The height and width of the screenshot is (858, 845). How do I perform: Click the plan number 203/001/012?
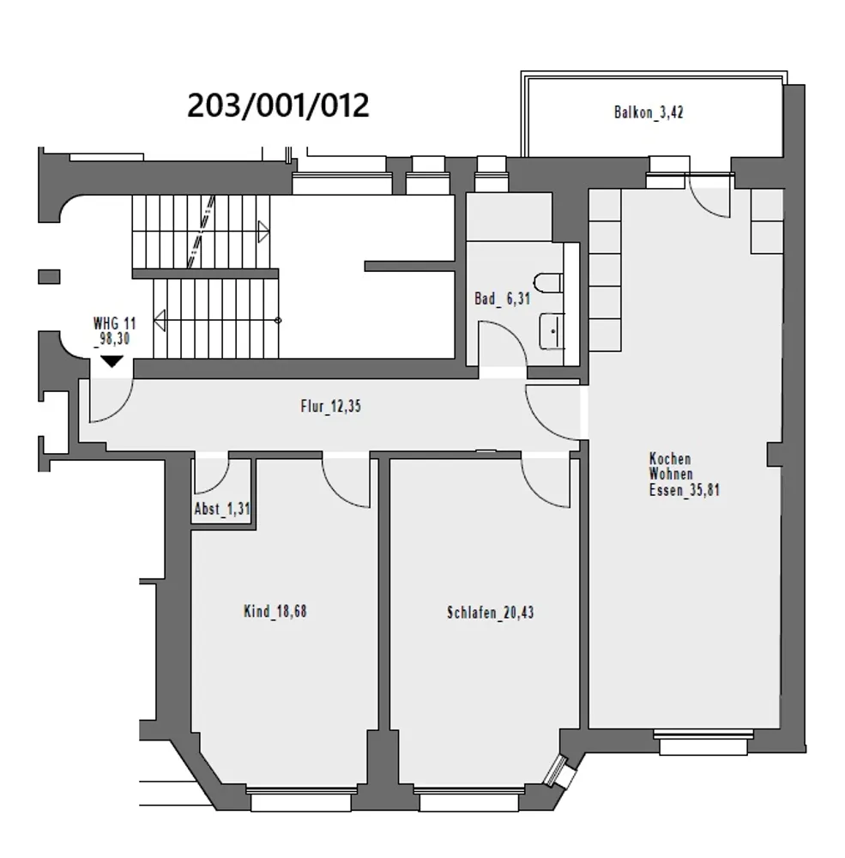pos(278,106)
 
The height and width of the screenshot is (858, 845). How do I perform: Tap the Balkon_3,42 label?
pos(649,112)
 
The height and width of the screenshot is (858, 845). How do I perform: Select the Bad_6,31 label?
pos(503,299)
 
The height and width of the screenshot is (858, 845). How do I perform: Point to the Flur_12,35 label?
pos(330,406)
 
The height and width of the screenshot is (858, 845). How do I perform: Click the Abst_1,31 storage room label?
pos(221,509)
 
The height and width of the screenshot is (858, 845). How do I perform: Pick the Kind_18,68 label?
pos(275,611)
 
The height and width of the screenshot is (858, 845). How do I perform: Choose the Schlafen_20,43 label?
pos(491,613)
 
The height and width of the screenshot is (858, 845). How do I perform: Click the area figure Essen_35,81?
pos(684,490)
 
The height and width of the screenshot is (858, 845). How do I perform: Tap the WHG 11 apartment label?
pos(114,323)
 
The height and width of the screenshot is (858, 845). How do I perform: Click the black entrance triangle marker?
pos(112,361)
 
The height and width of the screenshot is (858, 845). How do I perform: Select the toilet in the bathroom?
pos(548,283)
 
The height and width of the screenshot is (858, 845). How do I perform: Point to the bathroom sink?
pos(552,331)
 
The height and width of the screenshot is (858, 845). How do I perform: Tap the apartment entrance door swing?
pos(124,408)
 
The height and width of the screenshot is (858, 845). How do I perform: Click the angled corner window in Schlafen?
pos(557,770)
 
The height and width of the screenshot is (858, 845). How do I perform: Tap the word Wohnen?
pos(671,474)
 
